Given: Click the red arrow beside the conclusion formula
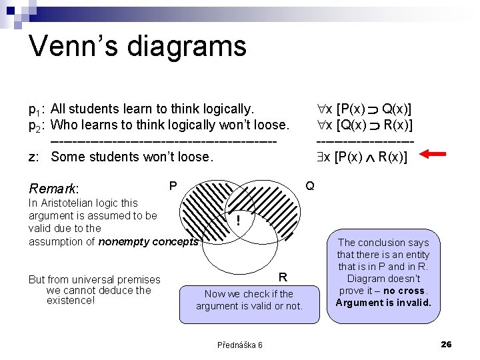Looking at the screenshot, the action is click(x=437, y=155).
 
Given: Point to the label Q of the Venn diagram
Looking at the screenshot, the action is click(x=310, y=185).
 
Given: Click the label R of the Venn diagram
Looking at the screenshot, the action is click(x=283, y=277).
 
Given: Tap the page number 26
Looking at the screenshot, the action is click(x=446, y=344).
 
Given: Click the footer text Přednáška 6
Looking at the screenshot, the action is click(x=239, y=345).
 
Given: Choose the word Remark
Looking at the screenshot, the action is click(x=54, y=189).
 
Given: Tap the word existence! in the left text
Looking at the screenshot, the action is click(x=71, y=301).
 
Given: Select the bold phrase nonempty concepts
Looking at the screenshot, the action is click(x=148, y=241).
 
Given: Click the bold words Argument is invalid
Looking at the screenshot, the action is click(x=383, y=303).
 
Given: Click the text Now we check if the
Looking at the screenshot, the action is click(x=249, y=293).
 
